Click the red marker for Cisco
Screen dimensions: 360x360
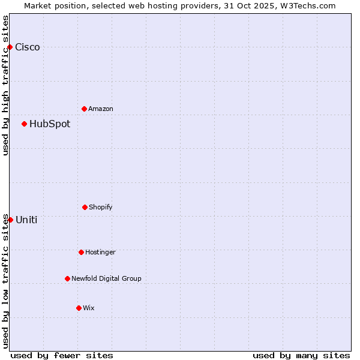pyautogui.click(x=10, y=47)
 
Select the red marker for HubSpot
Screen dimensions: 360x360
pyautogui.click(x=24, y=124)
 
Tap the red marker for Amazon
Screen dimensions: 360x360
pyautogui.click(x=84, y=109)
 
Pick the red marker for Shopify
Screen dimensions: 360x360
pyautogui.click(x=85, y=207)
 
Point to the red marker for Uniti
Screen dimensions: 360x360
pyautogui.click(x=10, y=220)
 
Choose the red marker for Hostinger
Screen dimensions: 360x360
pyautogui.click(x=81, y=252)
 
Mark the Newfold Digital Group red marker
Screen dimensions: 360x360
pyautogui.click(x=67, y=278)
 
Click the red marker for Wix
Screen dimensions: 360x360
pyautogui.click(x=79, y=308)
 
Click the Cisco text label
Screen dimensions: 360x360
pyautogui.click(x=28, y=47)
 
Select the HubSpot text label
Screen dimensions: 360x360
pyautogui.click(x=50, y=124)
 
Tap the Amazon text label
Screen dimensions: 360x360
pyautogui.click(x=101, y=109)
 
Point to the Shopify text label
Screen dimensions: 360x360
pyautogui.click(x=101, y=208)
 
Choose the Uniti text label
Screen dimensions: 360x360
pyautogui.click(x=26, y=220)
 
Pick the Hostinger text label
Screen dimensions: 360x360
pyautogui.click(x=100, y=253)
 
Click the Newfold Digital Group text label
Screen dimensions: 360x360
pyautogui.click(x=107, y=279)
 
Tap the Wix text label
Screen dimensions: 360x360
pyautogui.click(x=89, y=308)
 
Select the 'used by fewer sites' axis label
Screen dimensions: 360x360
pyautogui.click(x=62, y=355)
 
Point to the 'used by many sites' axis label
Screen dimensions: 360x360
pyautogui.click(x=301, y=355)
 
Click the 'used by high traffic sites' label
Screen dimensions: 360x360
pyautogui.click(x=5, y=85)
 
